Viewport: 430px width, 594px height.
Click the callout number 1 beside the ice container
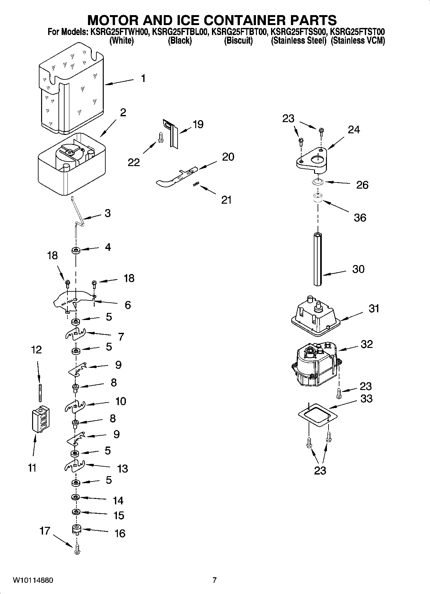coord(143,78)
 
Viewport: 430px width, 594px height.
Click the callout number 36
coord(360,217)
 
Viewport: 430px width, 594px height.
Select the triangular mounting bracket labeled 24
coord(311,161)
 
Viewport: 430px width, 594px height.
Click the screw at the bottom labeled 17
coord(76,550)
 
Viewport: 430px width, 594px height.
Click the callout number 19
coord(198,124)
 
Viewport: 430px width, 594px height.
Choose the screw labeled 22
coord(160,138)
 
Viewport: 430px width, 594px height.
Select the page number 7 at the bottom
coord(215,580)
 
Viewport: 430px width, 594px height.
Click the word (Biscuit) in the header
coord(238,41)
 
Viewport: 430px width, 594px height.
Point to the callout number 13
coord(123,469)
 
